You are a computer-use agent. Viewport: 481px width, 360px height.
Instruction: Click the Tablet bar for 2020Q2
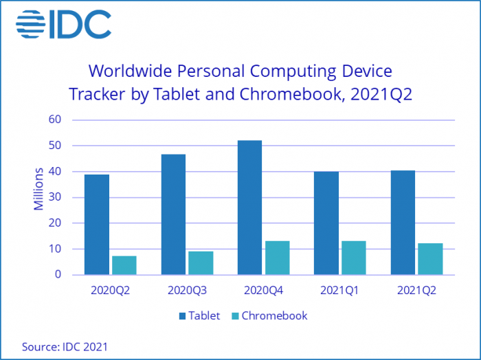pyautogui.click(x=97, y=225)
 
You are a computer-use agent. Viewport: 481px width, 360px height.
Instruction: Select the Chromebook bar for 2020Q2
pyautogui.click(x=124, y=265)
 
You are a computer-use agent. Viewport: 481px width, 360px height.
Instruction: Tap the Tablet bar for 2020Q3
pyautogui.click(x=173, y=214)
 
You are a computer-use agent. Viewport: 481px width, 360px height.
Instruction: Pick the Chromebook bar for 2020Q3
pyautogui.click(x=201, y=263)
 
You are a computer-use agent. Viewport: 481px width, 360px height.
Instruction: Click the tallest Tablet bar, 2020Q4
pyautogui.click(x=249, y=207)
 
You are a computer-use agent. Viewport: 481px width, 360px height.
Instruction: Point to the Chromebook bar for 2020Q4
pyautogui.click(x=277, y=258)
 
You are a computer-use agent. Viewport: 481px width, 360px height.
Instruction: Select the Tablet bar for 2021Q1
pyautogui.click(x=326, y=223)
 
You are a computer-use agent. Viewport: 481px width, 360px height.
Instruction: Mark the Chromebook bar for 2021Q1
pyautogui.click(x=353, y=258)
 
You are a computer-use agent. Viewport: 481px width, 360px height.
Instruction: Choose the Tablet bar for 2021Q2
pyautogui.click(x=403, y=223)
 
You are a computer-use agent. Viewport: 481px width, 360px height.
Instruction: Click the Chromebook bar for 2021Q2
pyautogui.click(x=430, y=259)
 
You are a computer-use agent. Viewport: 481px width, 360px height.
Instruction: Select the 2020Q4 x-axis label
pyautogui.click(x=263, y=291)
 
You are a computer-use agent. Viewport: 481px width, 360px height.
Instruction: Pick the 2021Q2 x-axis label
pyautogui.click(x=416, y=291)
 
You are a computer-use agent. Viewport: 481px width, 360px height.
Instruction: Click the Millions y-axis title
pyautogui.click(x=39, y=188)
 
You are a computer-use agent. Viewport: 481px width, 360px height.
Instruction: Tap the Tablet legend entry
pyautogui.click(x=199, y=316)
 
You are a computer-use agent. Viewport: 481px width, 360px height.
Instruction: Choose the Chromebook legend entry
pyautogui.click(x=269, y=316)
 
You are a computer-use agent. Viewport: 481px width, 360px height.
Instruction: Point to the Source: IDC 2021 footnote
pyautogui.click(x=65, y=346)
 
